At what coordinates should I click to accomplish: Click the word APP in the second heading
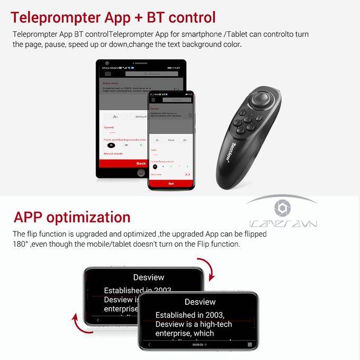pos(28,217)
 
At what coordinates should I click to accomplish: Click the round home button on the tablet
pos(141,173)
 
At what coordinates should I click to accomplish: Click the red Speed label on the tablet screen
pos(109,127)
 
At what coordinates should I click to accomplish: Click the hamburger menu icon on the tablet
pos(104,74)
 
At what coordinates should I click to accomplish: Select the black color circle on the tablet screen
pos(111,145)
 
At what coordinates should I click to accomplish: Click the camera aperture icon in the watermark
pos(282,208)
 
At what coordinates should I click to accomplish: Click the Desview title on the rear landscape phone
pos(149,277)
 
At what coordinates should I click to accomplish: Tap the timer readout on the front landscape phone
pos(198,345)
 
